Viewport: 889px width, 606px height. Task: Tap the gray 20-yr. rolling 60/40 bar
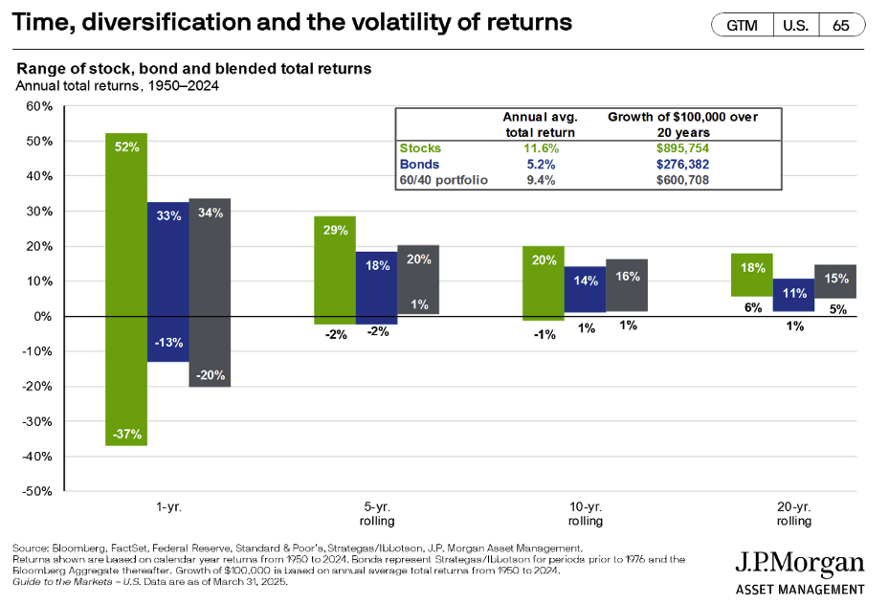[835, 281]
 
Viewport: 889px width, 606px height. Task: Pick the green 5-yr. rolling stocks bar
[335, 270]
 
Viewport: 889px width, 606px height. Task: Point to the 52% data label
[126, 147]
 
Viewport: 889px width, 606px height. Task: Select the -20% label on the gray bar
[210, 375]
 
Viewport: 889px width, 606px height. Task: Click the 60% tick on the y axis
[38, 106]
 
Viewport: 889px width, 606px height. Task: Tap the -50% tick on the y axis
[36, 491]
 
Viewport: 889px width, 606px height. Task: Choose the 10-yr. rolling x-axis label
[586, 514]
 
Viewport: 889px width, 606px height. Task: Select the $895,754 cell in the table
[683, 148]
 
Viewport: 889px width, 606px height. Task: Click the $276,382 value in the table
[683, 164]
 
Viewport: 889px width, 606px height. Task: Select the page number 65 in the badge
[840, 26]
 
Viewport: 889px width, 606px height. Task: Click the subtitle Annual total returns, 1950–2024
[117, 85]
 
